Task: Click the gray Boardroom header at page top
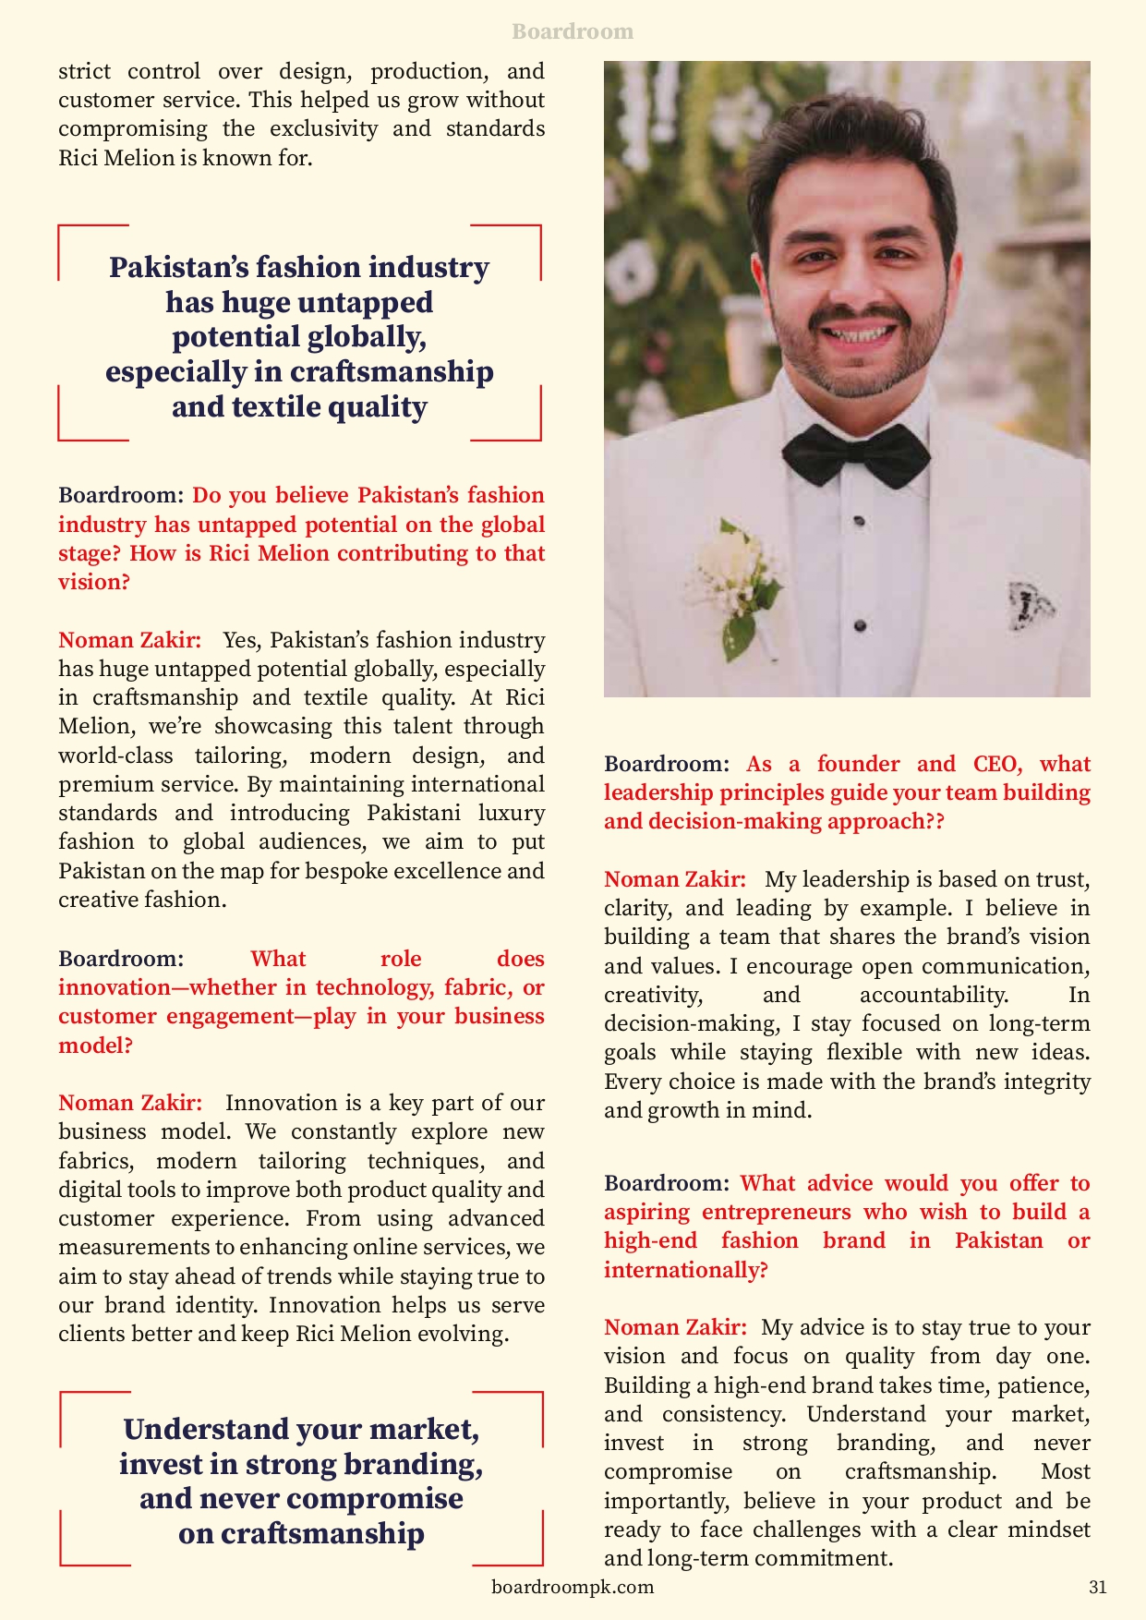[x=573, y=31]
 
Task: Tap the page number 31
[x=1097, y=1587]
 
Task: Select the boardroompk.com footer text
[x=573, y=1587]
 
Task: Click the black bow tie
[x=855, y=453]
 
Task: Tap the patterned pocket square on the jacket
[x=1029, y=605]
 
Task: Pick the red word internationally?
[x=685, y=1270]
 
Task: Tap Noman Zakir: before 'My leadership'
[x=675, y=879]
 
